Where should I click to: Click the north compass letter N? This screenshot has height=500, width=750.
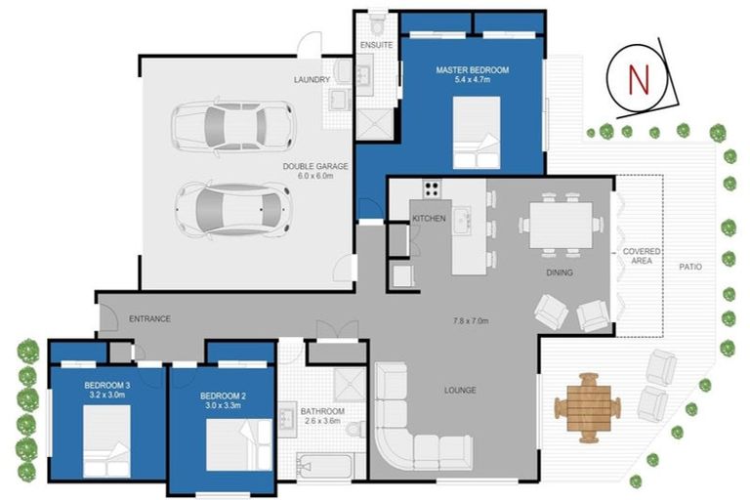[639, 77]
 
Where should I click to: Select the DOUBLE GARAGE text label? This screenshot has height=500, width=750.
[309, 166]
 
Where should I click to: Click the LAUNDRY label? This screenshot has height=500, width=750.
[311, 80]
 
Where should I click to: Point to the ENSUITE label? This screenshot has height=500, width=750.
[376, 45]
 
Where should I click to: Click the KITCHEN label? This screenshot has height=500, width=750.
[429, 218]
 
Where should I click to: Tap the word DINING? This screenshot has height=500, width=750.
[560, 272]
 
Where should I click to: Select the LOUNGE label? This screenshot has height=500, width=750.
[459, 391]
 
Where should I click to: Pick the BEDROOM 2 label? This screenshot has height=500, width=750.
[222, 396]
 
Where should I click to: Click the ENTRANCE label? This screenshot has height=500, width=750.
[150, 318]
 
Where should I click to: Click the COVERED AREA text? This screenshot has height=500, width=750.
[642, 257]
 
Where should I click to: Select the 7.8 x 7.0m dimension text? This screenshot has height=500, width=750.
[469, 320]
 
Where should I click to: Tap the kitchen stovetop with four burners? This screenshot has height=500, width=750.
[432, 188]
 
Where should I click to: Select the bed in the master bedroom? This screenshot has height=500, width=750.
[476, 135]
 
